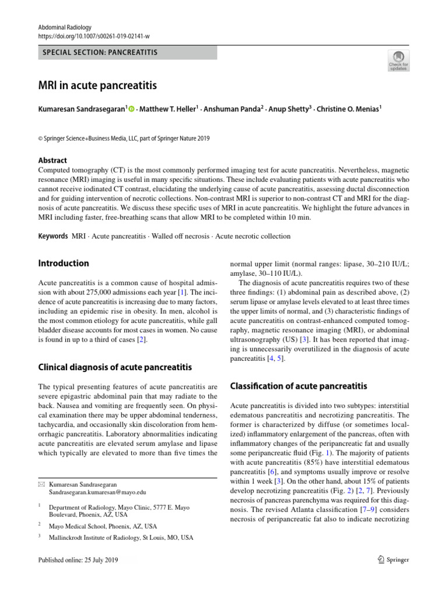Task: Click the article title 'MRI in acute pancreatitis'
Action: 97,86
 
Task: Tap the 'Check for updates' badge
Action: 398,60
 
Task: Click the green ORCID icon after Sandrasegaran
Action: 131,109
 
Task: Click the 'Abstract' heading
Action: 52,160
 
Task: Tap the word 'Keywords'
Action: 52,236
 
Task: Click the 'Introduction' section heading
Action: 63,263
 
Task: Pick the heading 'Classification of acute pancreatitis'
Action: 299,385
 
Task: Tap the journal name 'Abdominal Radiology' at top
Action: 61,27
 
